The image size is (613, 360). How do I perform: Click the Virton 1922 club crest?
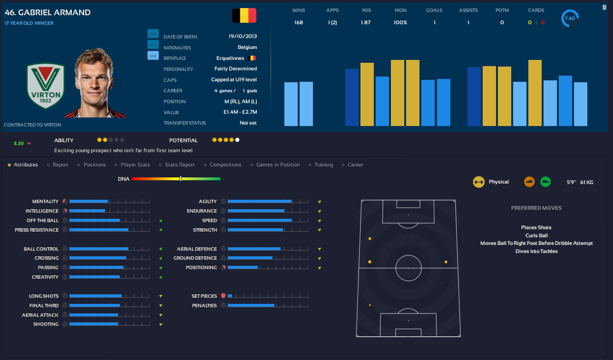point(46,87)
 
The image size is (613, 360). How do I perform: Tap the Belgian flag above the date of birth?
point(244,16)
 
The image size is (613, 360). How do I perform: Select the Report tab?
point(60,165)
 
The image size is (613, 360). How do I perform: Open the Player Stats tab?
point(135,165)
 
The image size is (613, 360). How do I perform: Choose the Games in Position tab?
point(278,165)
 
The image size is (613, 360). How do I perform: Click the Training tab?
point(323,165)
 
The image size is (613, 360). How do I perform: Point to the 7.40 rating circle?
point(569,19)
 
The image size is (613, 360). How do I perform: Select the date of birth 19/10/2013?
point(243,37)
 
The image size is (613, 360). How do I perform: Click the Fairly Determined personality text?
point(235,69)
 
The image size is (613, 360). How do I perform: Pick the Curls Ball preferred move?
point(536,235)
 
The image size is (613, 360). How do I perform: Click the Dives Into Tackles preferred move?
point(536,251)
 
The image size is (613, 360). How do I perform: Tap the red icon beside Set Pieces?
point(223,296)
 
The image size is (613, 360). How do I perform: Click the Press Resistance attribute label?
point(37,230)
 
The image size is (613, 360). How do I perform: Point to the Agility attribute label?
point(208,202)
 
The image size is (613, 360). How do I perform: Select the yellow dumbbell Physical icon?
point(479,182)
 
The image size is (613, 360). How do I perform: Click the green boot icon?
point(545,182)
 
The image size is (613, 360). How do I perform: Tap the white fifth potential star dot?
point(237,140)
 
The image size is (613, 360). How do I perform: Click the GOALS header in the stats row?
point(434,10)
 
